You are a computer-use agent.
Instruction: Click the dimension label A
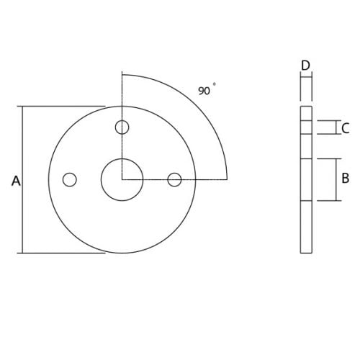pos(16,181)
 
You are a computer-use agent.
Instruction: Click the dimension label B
pos(345,178)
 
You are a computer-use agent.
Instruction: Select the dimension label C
pos(346,128)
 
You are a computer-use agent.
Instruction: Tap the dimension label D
pos(305,66)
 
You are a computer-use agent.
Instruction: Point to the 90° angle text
pos(206,91)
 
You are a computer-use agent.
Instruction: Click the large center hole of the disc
pos(122,179)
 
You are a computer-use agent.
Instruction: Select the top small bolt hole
pos(122,127)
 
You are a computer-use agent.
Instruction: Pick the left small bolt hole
pos(70,179)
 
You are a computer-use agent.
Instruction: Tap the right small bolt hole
pos(174,179)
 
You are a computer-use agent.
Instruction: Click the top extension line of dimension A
pos(65,107)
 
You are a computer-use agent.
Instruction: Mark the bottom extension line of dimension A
pos(65,253)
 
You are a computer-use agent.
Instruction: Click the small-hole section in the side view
pos(306,127)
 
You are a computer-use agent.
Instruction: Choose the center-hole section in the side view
pos(306,179)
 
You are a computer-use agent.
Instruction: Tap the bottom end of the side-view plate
pos(306,252)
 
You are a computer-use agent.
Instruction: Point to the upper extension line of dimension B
pos(328,158)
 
